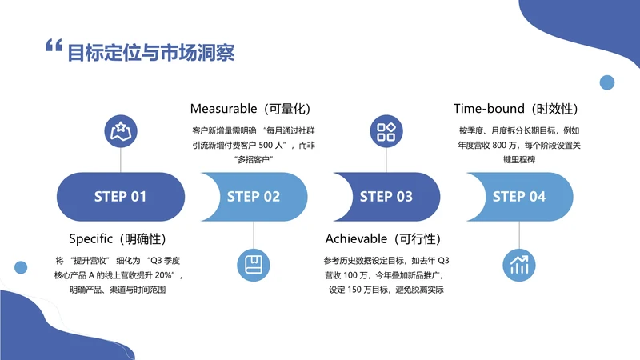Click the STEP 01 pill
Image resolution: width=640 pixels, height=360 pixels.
click(121, 197)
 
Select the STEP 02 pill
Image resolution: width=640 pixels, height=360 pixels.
click(254, 197)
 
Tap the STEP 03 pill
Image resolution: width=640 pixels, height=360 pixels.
click(386, 197)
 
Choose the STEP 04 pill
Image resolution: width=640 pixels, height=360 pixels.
click(519, 197)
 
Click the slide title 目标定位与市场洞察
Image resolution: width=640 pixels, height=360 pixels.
click(150, 53)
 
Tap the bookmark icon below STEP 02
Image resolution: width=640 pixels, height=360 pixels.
click(254, 263)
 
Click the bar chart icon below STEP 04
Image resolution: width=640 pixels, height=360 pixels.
click(519, 263)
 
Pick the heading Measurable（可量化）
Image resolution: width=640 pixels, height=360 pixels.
click(250, 108)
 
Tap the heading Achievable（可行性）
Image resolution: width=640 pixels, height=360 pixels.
click(383, 239)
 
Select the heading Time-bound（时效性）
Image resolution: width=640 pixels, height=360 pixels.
click(516, 108)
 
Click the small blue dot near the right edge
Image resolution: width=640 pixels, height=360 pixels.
click(606, 82)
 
